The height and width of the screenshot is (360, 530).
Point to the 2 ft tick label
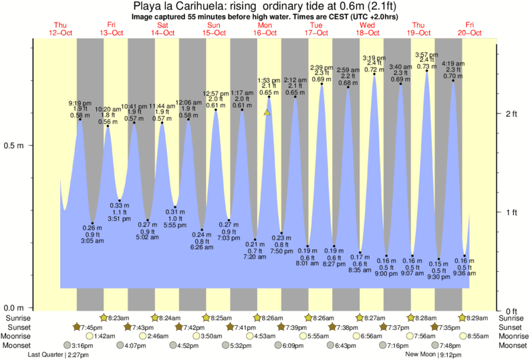(x=511, y=114)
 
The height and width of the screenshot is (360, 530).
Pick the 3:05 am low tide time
(x=92, y=241)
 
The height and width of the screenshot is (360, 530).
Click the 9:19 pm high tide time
(x=81, y=103)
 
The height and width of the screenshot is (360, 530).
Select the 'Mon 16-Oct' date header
(x=265, y=29)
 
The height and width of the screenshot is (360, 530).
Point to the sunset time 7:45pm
(x=92, y=327)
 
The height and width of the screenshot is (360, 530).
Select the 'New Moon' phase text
(x=420, y=355)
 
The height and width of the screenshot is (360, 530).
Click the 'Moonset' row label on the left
(x=17, y=345)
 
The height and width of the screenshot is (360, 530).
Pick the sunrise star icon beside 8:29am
(x=462, y=318)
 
